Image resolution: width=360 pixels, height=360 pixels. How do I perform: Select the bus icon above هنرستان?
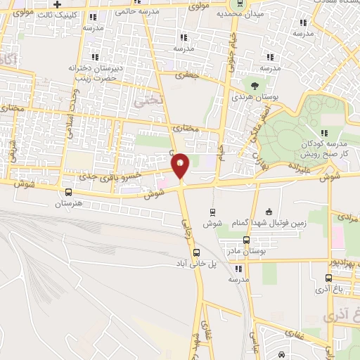tap(68, 192)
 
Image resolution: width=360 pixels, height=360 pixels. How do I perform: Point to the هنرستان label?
tap(68, 204)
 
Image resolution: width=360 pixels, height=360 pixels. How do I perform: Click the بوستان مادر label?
tap(246, 251)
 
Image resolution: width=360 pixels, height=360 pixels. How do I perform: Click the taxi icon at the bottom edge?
tap(281, 354)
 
